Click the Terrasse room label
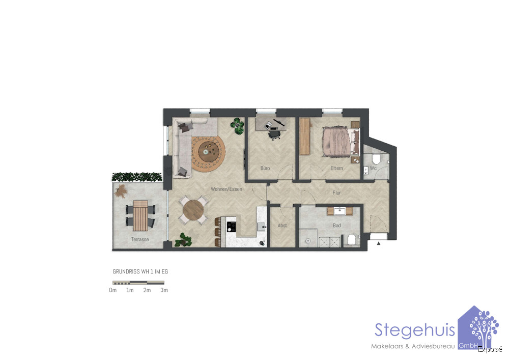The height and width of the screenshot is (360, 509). point(140,239)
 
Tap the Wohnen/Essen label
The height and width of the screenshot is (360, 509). point(227,189)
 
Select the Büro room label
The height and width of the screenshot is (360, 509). point(265,168)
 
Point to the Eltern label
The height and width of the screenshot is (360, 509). point(336,168)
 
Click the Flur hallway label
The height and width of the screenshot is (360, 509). point(336,193)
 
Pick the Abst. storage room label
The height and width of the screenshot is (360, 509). point(282,225)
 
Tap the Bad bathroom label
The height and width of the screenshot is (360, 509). point(336,225)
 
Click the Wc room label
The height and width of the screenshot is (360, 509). point(373,168)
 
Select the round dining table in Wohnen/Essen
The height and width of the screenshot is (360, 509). point(193,210)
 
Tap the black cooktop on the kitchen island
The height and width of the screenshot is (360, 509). point(231,226)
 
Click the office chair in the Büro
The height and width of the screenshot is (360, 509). point(275,134)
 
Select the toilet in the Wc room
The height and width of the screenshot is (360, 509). point(376,159)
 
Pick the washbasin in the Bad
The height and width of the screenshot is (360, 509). point(340,211)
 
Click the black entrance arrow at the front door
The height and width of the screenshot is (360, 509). point(379,243)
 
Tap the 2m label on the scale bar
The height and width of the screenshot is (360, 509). point(147,290)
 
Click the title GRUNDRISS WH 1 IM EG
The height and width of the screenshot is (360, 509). point(140,271)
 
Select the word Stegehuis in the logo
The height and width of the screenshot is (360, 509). point(414,330)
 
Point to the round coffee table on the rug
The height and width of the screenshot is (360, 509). point(208,150)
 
